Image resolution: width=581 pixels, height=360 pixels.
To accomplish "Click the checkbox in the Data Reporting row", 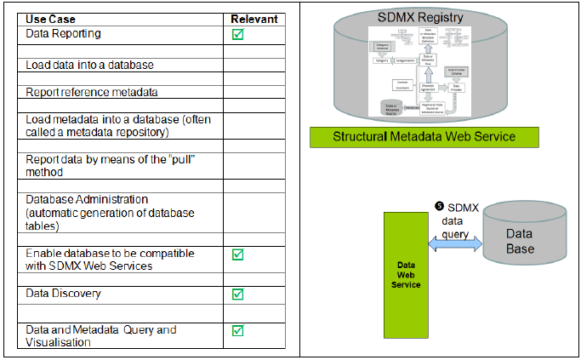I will click(x=238, y=34).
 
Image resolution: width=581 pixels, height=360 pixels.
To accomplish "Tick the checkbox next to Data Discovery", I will click(x=238, y=294).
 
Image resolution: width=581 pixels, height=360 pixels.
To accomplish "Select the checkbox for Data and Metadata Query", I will click(x=238, y=330).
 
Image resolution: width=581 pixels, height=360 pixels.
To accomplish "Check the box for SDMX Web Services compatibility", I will click(x=238, y=254).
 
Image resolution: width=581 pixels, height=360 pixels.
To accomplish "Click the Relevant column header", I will click(x=254, y=19).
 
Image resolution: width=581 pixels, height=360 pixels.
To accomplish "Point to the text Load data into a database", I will click(x=89, y=65).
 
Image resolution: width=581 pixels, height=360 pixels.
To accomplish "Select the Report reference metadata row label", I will click(x=91, y=92).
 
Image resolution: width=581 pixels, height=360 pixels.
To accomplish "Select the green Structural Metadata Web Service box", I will click(x=424, y=136).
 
